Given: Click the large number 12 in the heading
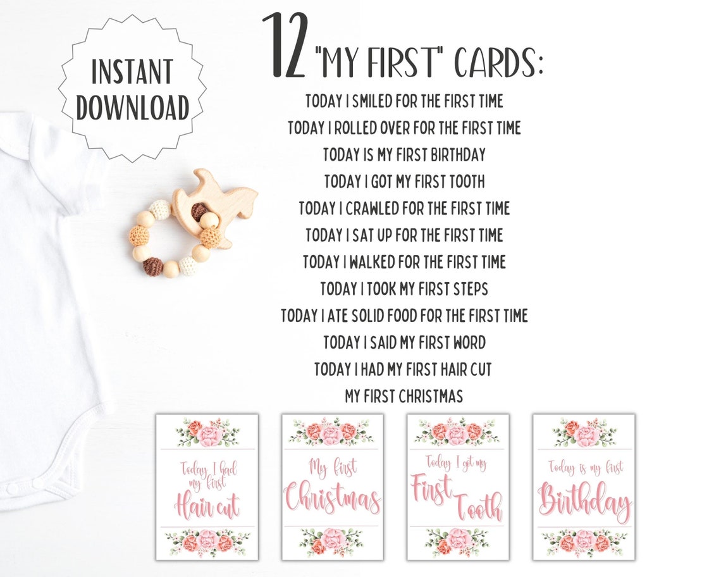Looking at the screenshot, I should pos(286,46).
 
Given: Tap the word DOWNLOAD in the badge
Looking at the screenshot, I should pos(133,108).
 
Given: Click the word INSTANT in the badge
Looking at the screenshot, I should pos(133,71).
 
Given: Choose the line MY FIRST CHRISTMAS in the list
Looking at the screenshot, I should pos(404,397).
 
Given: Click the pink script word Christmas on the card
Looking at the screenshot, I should pos(333,499).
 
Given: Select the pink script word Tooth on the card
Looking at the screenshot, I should pos(478,506).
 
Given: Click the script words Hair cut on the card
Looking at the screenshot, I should pos(206,506).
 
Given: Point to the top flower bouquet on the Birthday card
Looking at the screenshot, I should pos(584,433).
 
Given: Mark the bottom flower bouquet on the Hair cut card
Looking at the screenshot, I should pos(207,542).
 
